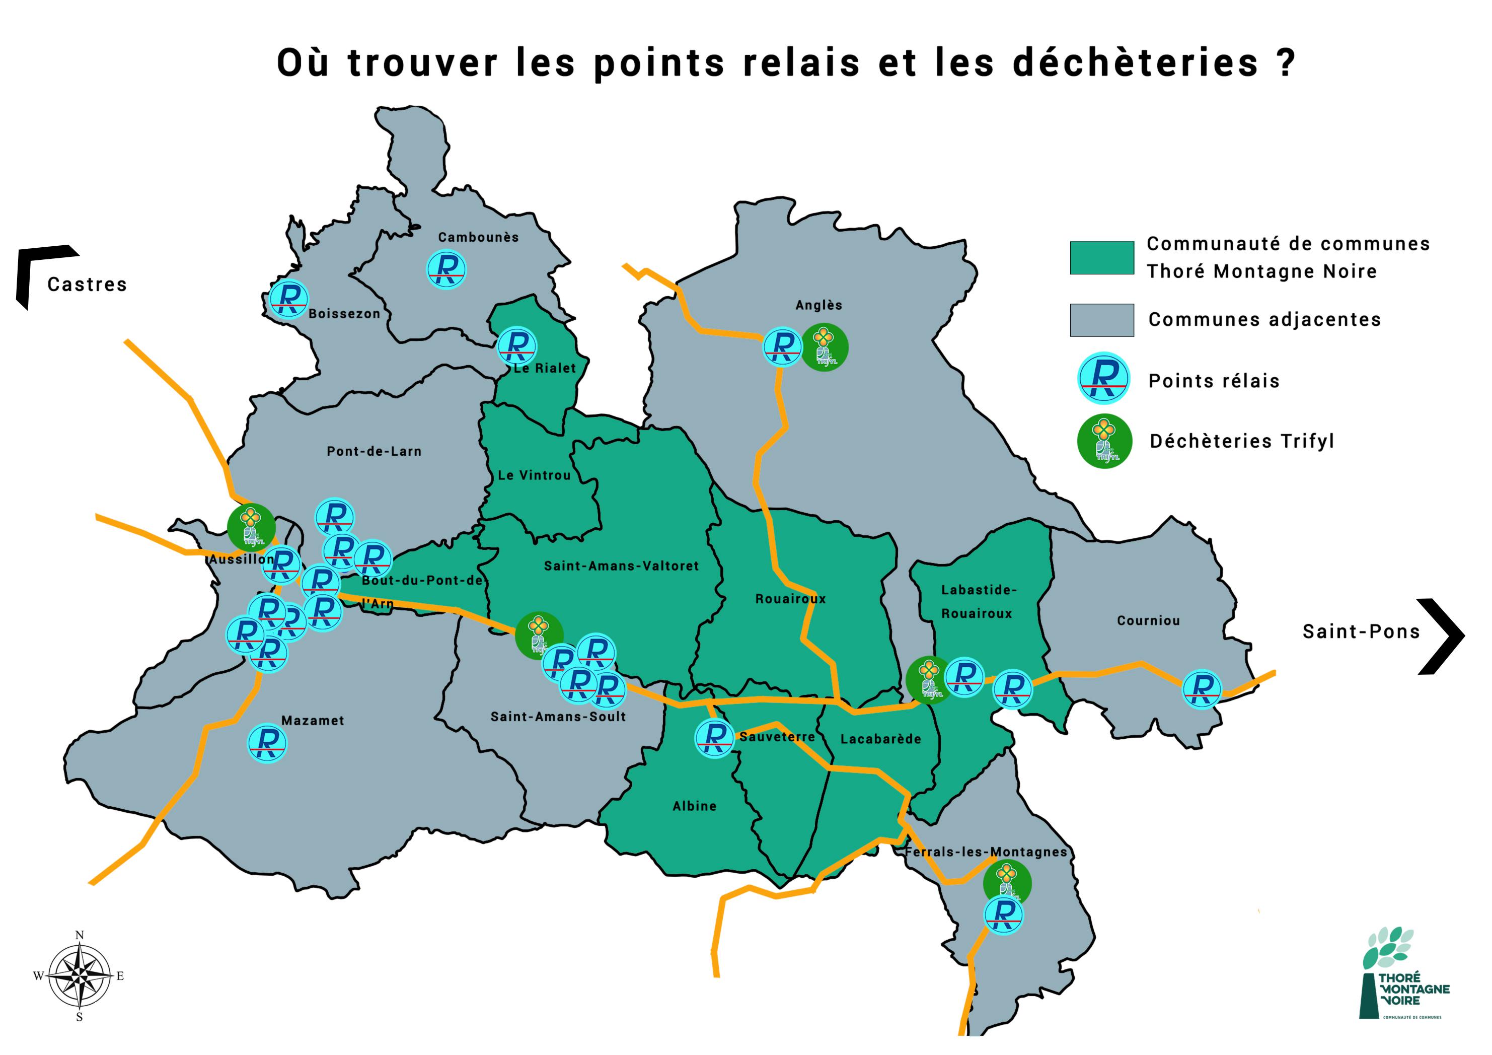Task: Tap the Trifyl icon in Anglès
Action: (x=824, y=348)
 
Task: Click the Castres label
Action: (x=87, y=285)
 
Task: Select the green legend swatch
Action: (x=1101, y=258)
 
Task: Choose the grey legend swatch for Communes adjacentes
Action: (x=1101, y=320)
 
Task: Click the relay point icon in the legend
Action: (x=1103, y=378)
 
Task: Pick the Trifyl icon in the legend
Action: (x=1104, y=441)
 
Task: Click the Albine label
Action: (x=695, y=806)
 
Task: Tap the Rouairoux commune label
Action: (x=790, y=599)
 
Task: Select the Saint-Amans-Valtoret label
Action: (x=621, y=566)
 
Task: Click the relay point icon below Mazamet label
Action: (x=268, y=743)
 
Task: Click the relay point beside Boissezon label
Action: (x=288, y=298)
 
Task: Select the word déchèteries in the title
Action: (x=1135, y=63)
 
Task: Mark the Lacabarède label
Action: (x=880, y=739)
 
